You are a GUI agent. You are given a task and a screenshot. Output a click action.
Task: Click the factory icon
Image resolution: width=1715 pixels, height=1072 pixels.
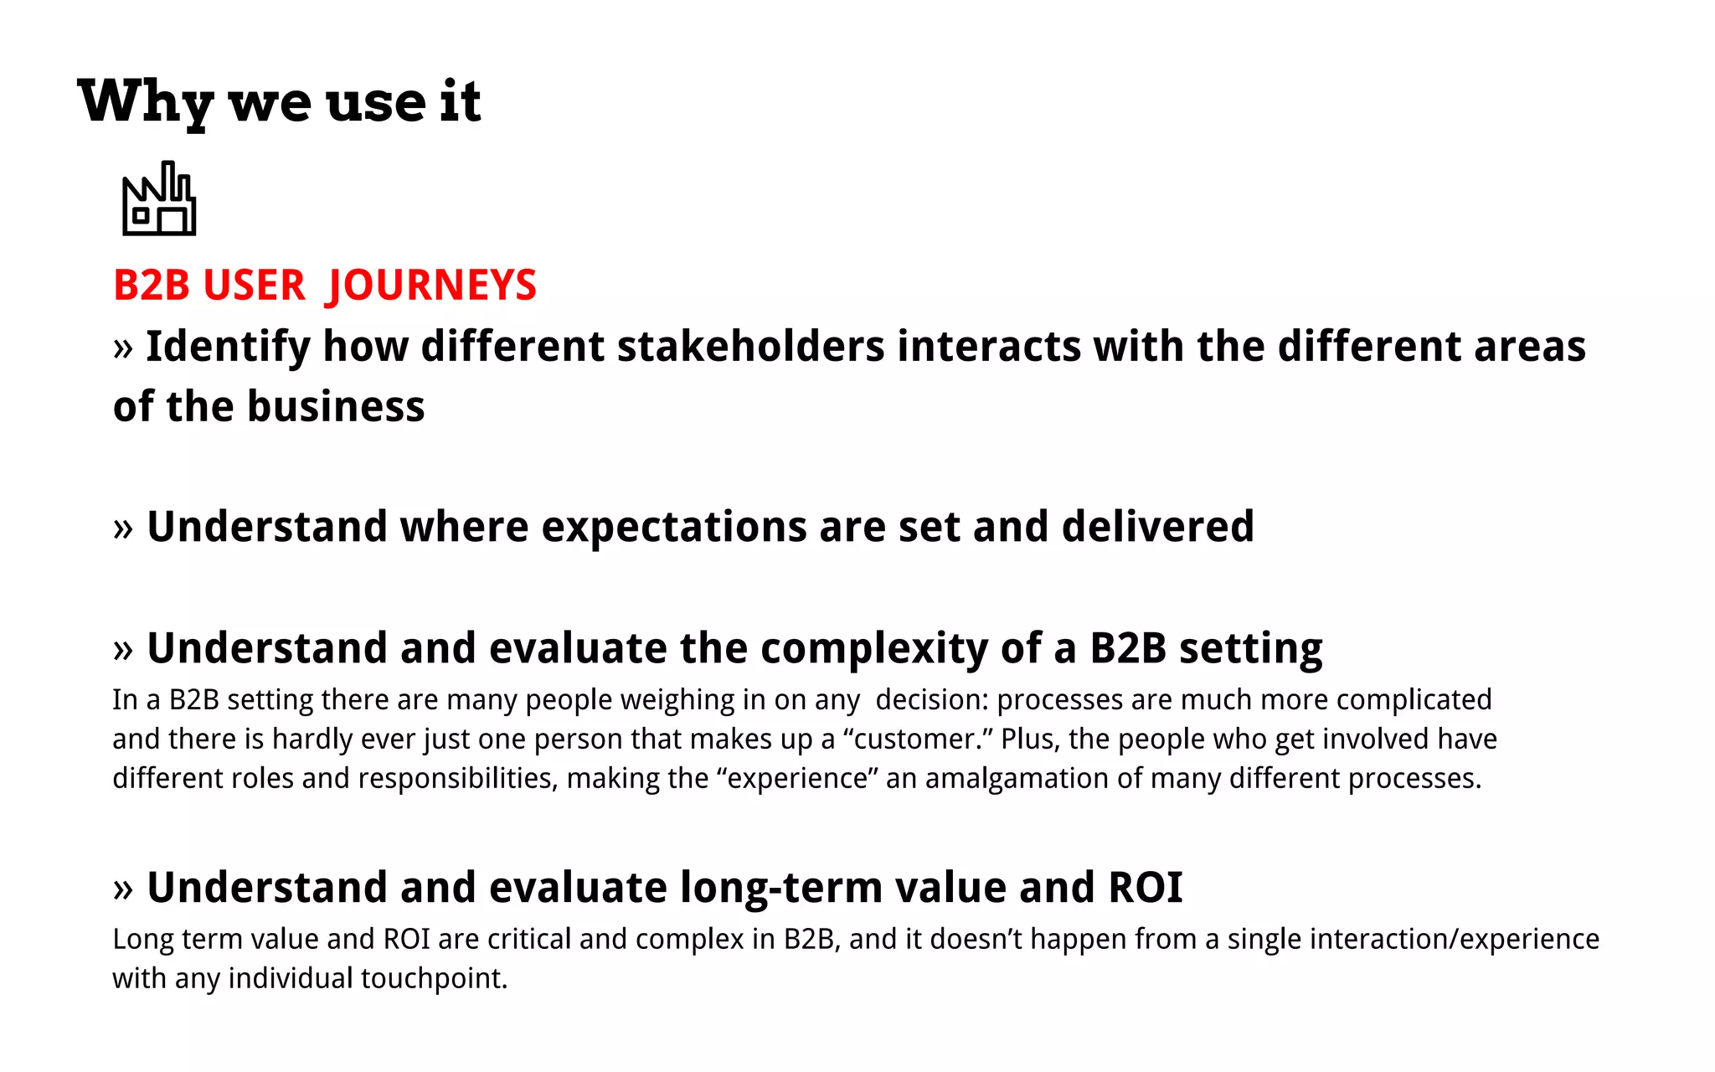click(x=159, y=199)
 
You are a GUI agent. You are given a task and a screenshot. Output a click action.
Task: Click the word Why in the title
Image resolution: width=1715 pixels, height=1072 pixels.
click(x=145, y=102)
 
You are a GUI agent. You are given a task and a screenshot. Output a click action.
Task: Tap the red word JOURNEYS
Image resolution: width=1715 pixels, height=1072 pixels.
click(x=432, y=286)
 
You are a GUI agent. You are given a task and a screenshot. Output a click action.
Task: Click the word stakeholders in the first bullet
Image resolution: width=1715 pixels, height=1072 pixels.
click(x=750, y=347)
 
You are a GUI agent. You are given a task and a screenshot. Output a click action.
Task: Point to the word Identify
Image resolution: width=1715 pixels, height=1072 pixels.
click(x=228, y=347)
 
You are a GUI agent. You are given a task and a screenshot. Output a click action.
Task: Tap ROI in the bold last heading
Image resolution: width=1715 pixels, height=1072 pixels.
click(x=1145, y=888)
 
